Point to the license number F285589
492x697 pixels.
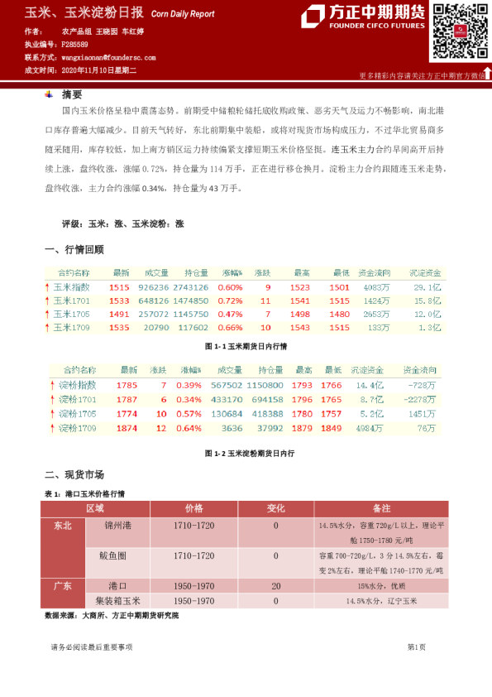[x=75, y=44]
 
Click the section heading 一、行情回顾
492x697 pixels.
[x=74, y=249]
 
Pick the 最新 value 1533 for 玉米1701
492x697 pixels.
[x=119, y=300]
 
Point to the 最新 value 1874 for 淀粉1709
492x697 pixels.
[x=127, y=428]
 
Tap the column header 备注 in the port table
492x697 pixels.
[x=381, y=507]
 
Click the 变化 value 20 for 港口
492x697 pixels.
[x=275, y=586]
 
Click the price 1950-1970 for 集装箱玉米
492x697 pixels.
[x=193, y=601]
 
